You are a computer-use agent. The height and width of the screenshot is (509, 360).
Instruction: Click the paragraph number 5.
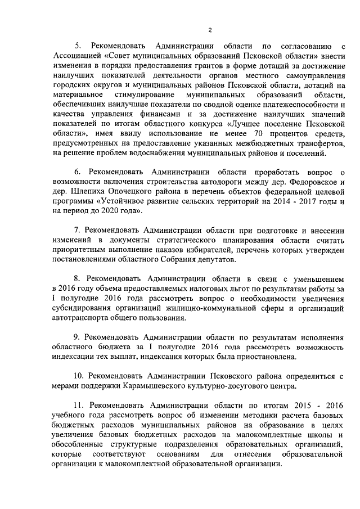point(78,45)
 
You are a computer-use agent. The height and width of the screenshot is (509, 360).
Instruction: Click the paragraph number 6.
point(78,172)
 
